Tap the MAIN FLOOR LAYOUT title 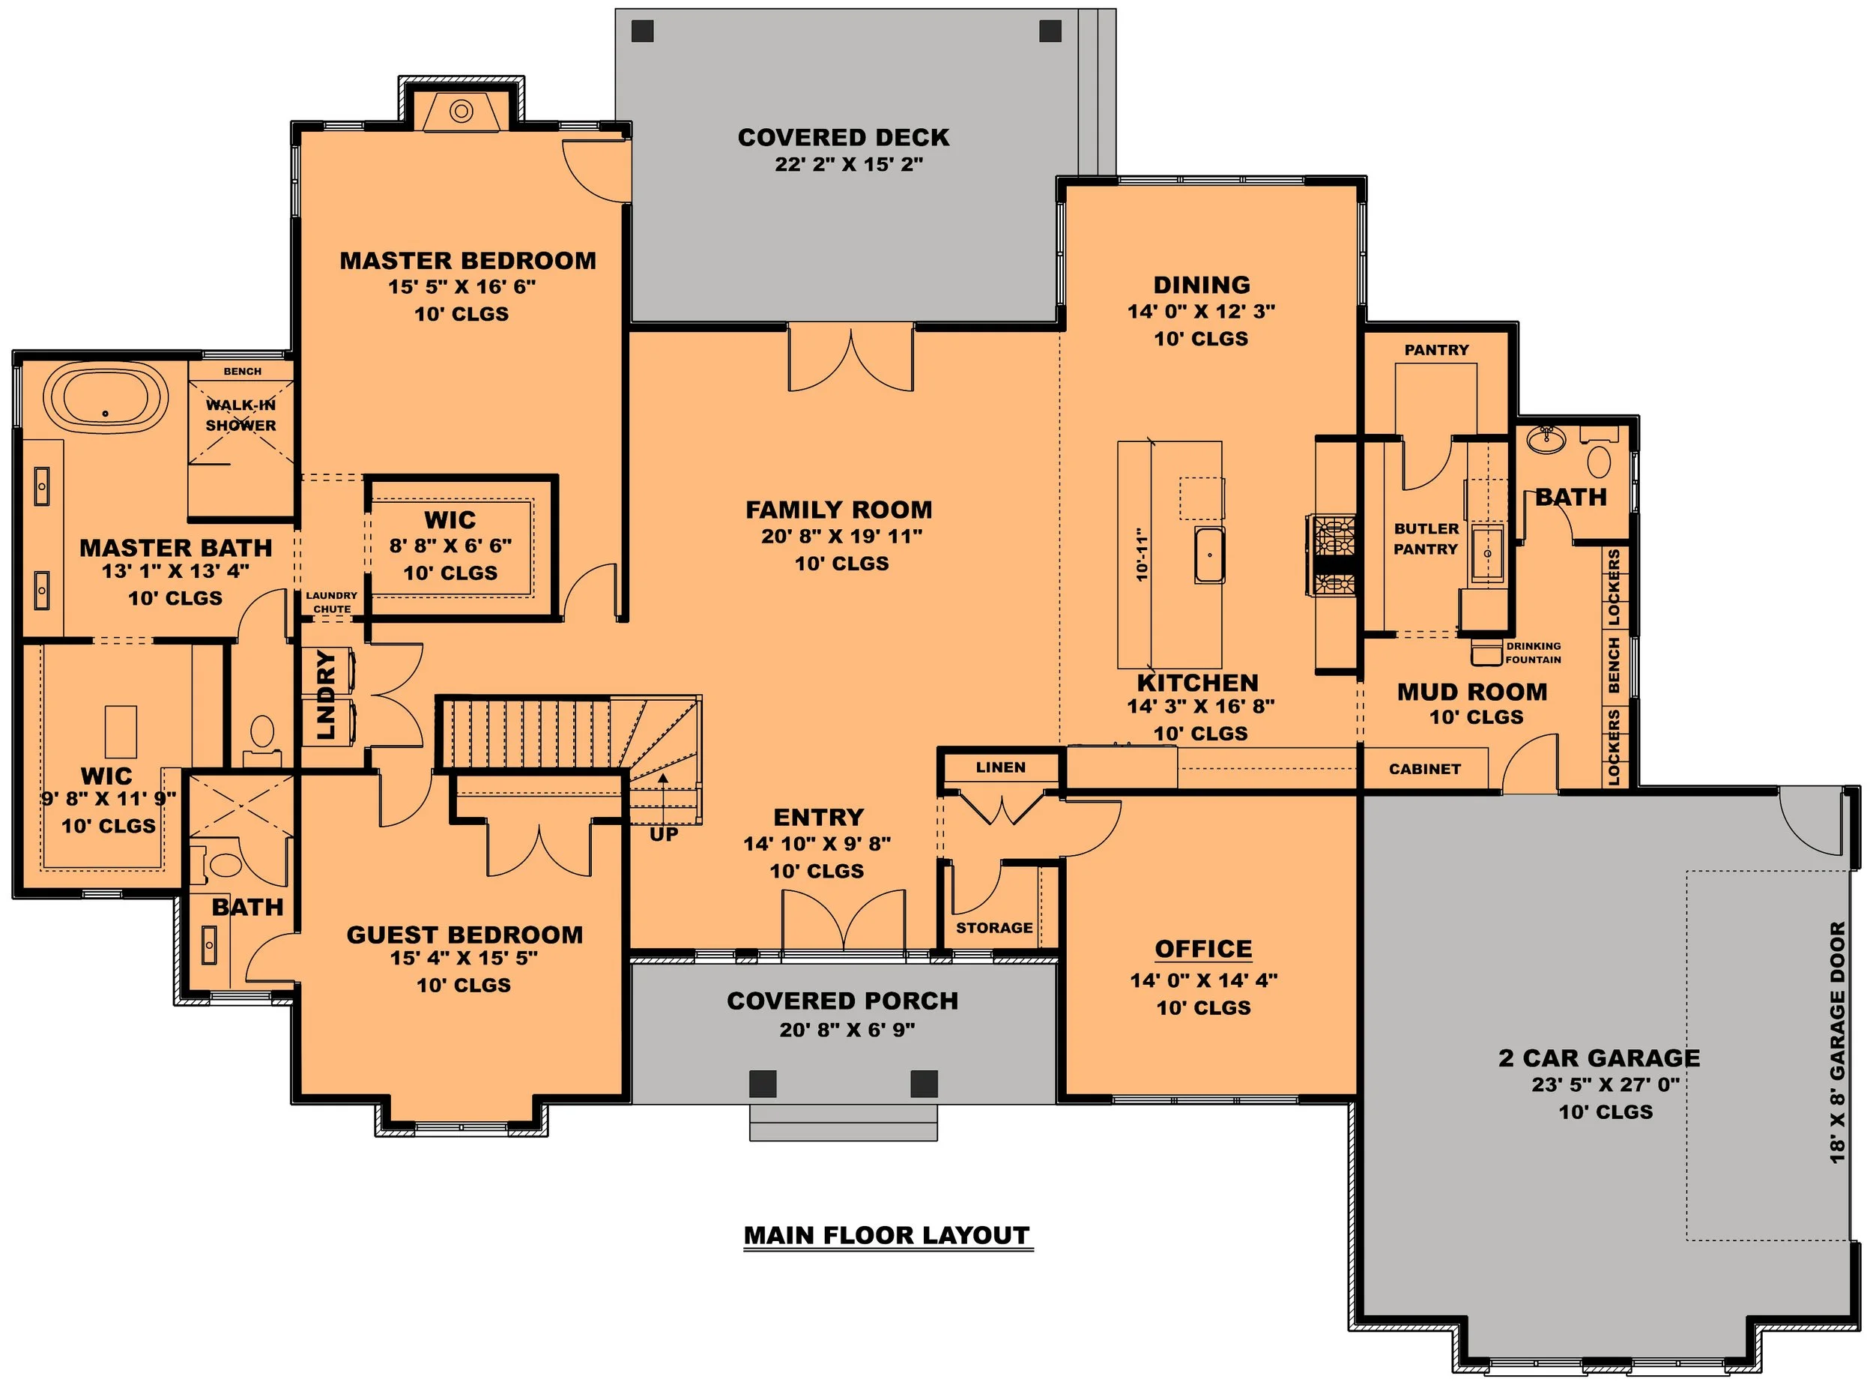[888, 1236]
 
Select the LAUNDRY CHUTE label [332, 602]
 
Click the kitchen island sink [1209, 554]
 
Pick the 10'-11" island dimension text [1141, 554]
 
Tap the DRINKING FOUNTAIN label [1534, 652]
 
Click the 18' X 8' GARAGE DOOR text [1837, 1043]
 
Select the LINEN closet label [1001, 767]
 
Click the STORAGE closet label [995, 927]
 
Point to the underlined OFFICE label [1203, 948]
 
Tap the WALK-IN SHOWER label [240, 415]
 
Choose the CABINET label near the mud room [1425, 769]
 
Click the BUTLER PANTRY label [1426, 539]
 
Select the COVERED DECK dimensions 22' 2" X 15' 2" [849, 164]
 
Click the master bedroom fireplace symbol [461, 111]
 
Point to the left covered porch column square [763, 1084]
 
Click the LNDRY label [326, 695]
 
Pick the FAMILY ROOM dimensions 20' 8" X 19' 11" [841, 536]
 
